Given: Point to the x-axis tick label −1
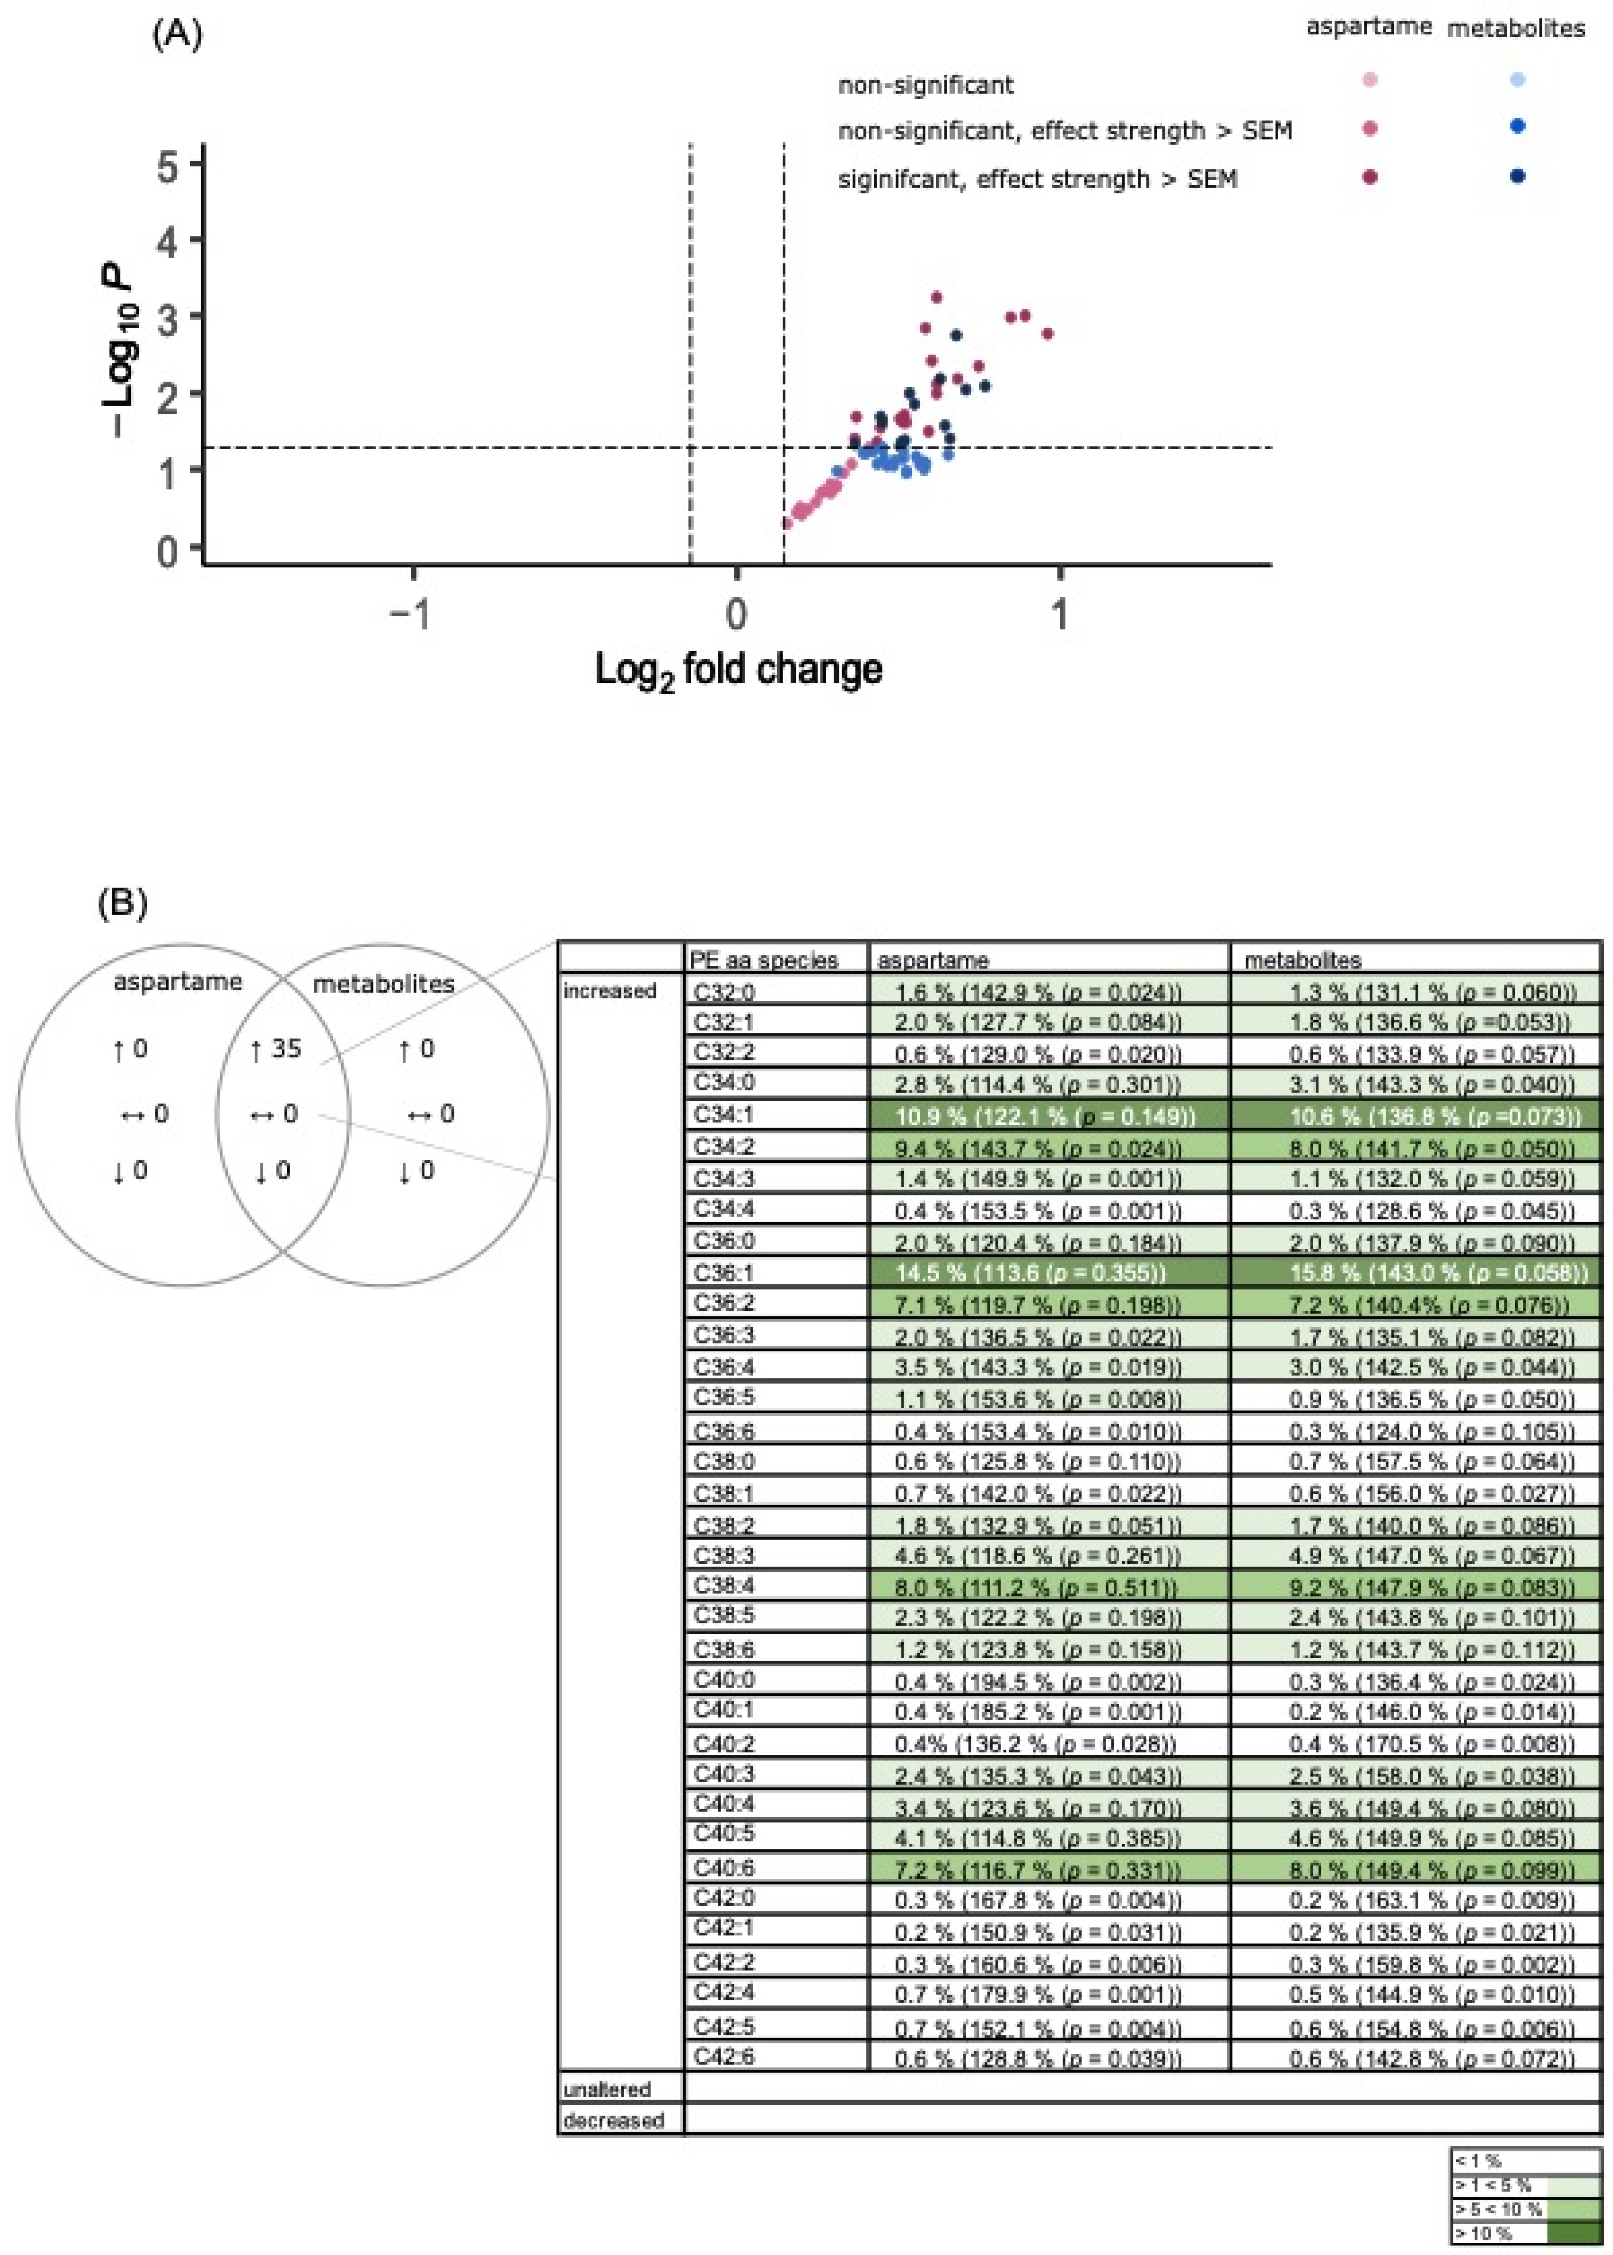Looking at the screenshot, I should pyautogui.click(x=411, y=614).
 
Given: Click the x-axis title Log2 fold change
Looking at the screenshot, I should pyautogui.click(x=738, y=670).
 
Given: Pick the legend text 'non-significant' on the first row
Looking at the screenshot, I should pyautogui.click(x=926, y=86).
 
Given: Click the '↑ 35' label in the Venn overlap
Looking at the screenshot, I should pyautogui.click(x=276, y=1050).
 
